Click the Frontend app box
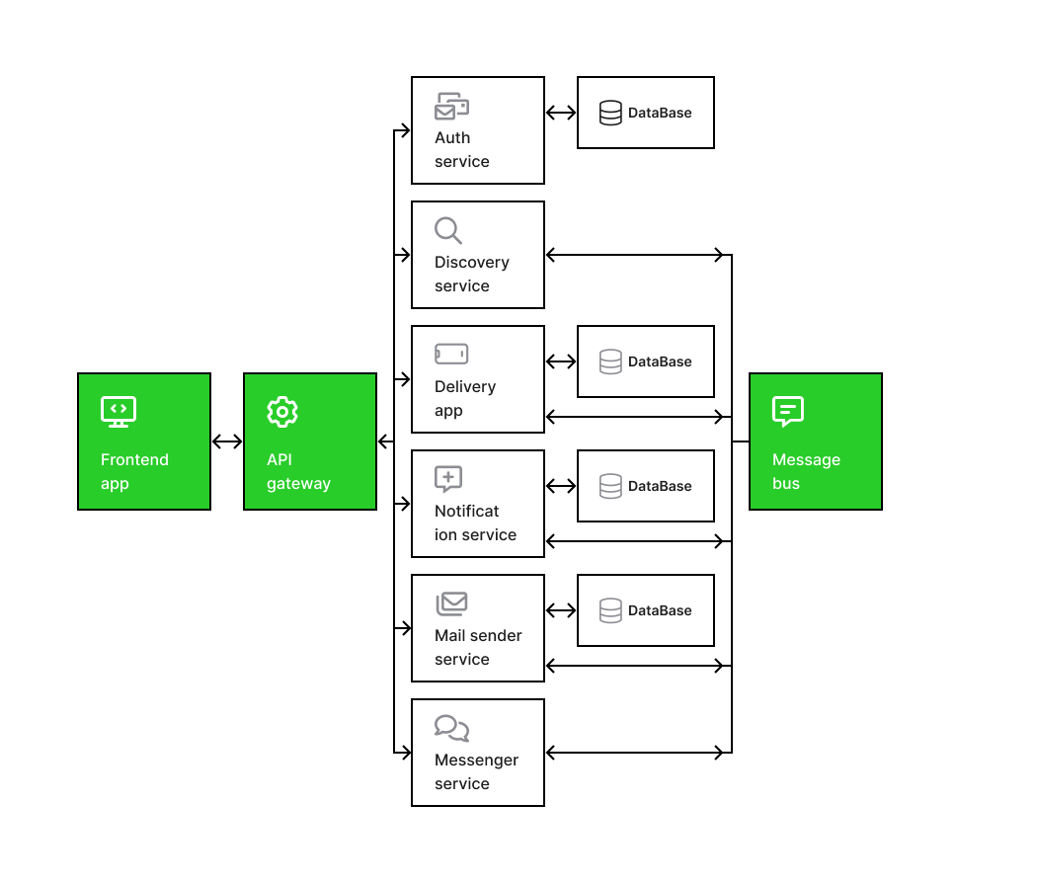pos(144,441)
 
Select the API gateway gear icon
pos(282,412)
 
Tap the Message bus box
pos(816,441)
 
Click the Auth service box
pos(477,130)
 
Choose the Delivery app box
pos(477,379)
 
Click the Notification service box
pos(477,504)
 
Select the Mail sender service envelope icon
pos(451,603)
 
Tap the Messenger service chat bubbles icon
pos(451,728)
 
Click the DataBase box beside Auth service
pos(646,113)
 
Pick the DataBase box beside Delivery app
pos(646,361)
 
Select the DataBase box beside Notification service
pos(646,486)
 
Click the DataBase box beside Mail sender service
pos(646,609)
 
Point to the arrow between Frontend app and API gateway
pos(227,441)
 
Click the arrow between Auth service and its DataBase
pos(561,113)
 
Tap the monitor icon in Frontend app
pos(119,412)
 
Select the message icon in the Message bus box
pos(788,412)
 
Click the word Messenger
pos(476,760)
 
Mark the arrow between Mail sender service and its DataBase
pos(561,609)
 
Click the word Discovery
pos(471,263)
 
